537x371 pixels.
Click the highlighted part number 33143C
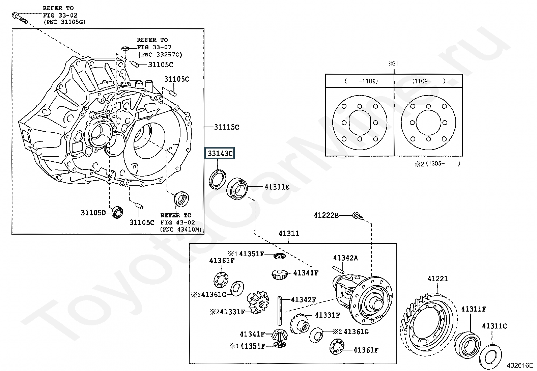[x=220, y=154]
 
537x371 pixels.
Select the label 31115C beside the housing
[x=226, y=127]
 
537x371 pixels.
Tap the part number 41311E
[x=277, y=187]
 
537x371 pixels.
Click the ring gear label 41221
[x=437, y=279]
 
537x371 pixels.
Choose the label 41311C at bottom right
[x=494, y=326]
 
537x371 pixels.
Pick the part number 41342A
[x=345, y=258]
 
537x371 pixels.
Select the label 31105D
[x=93, y=213]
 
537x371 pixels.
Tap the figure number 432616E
[x=519, y=365]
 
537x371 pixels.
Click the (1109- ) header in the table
[x=428, y=81]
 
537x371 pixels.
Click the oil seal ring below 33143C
[x=218, y=179]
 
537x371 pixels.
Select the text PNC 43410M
[x=181, y=230]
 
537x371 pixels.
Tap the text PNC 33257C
[x=160, y=55]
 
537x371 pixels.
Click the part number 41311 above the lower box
[x=289, y=234]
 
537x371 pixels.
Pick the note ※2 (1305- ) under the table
[x=437, y=164]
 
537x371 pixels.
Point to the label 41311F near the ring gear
[x=474, y=309]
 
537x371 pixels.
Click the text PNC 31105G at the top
[x=64, y=22]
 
